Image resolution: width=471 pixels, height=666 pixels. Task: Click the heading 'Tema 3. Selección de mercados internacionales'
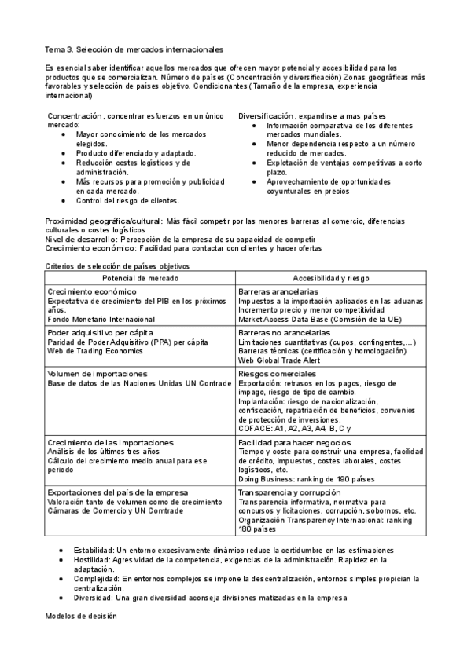134,49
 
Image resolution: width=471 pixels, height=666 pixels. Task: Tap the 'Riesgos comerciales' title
278,374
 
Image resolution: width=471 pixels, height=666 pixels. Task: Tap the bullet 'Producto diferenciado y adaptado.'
137,153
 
